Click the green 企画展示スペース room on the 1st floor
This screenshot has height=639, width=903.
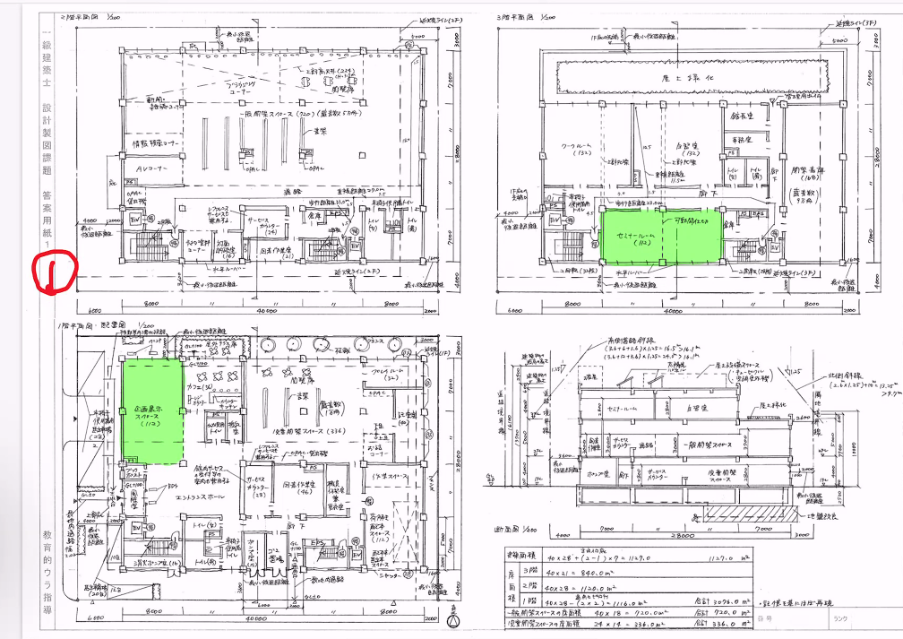[x=151, y=411]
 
